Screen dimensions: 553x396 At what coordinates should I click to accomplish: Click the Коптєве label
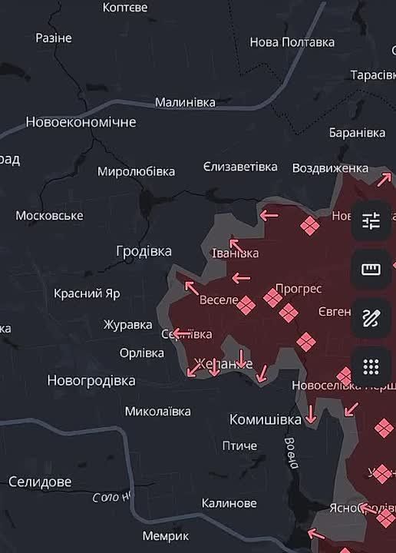(125, 7)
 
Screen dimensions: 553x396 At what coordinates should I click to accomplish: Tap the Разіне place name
(54, 38)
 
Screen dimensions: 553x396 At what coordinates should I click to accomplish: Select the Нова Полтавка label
(292, 42)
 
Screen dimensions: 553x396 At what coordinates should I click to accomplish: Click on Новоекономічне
(81, 122)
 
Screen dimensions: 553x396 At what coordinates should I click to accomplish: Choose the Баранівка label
(357, 133)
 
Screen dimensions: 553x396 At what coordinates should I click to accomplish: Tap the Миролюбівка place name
(136, 171)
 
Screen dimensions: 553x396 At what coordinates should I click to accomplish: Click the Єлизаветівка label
(240, 167)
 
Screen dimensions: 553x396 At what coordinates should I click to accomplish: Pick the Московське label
(49, 216)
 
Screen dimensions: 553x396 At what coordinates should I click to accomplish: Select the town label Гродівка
(144, 251)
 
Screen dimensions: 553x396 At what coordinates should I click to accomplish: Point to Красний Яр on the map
(87, 293)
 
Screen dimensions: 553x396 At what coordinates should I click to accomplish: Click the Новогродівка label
(91, 380)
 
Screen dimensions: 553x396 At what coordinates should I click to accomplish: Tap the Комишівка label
(266, 419)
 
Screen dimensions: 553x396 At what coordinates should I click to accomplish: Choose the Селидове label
(40, 482)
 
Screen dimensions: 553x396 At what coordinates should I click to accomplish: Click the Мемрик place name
(165, 535)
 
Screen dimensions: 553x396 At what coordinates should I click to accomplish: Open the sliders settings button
(371, 221)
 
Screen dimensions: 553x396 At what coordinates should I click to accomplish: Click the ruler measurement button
(371, 270)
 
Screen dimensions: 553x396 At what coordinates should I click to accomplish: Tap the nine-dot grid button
(371, 366)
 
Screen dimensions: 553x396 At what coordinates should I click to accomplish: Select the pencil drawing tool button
(371, 318)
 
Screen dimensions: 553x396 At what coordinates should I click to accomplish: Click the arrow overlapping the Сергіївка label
(181, 333)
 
